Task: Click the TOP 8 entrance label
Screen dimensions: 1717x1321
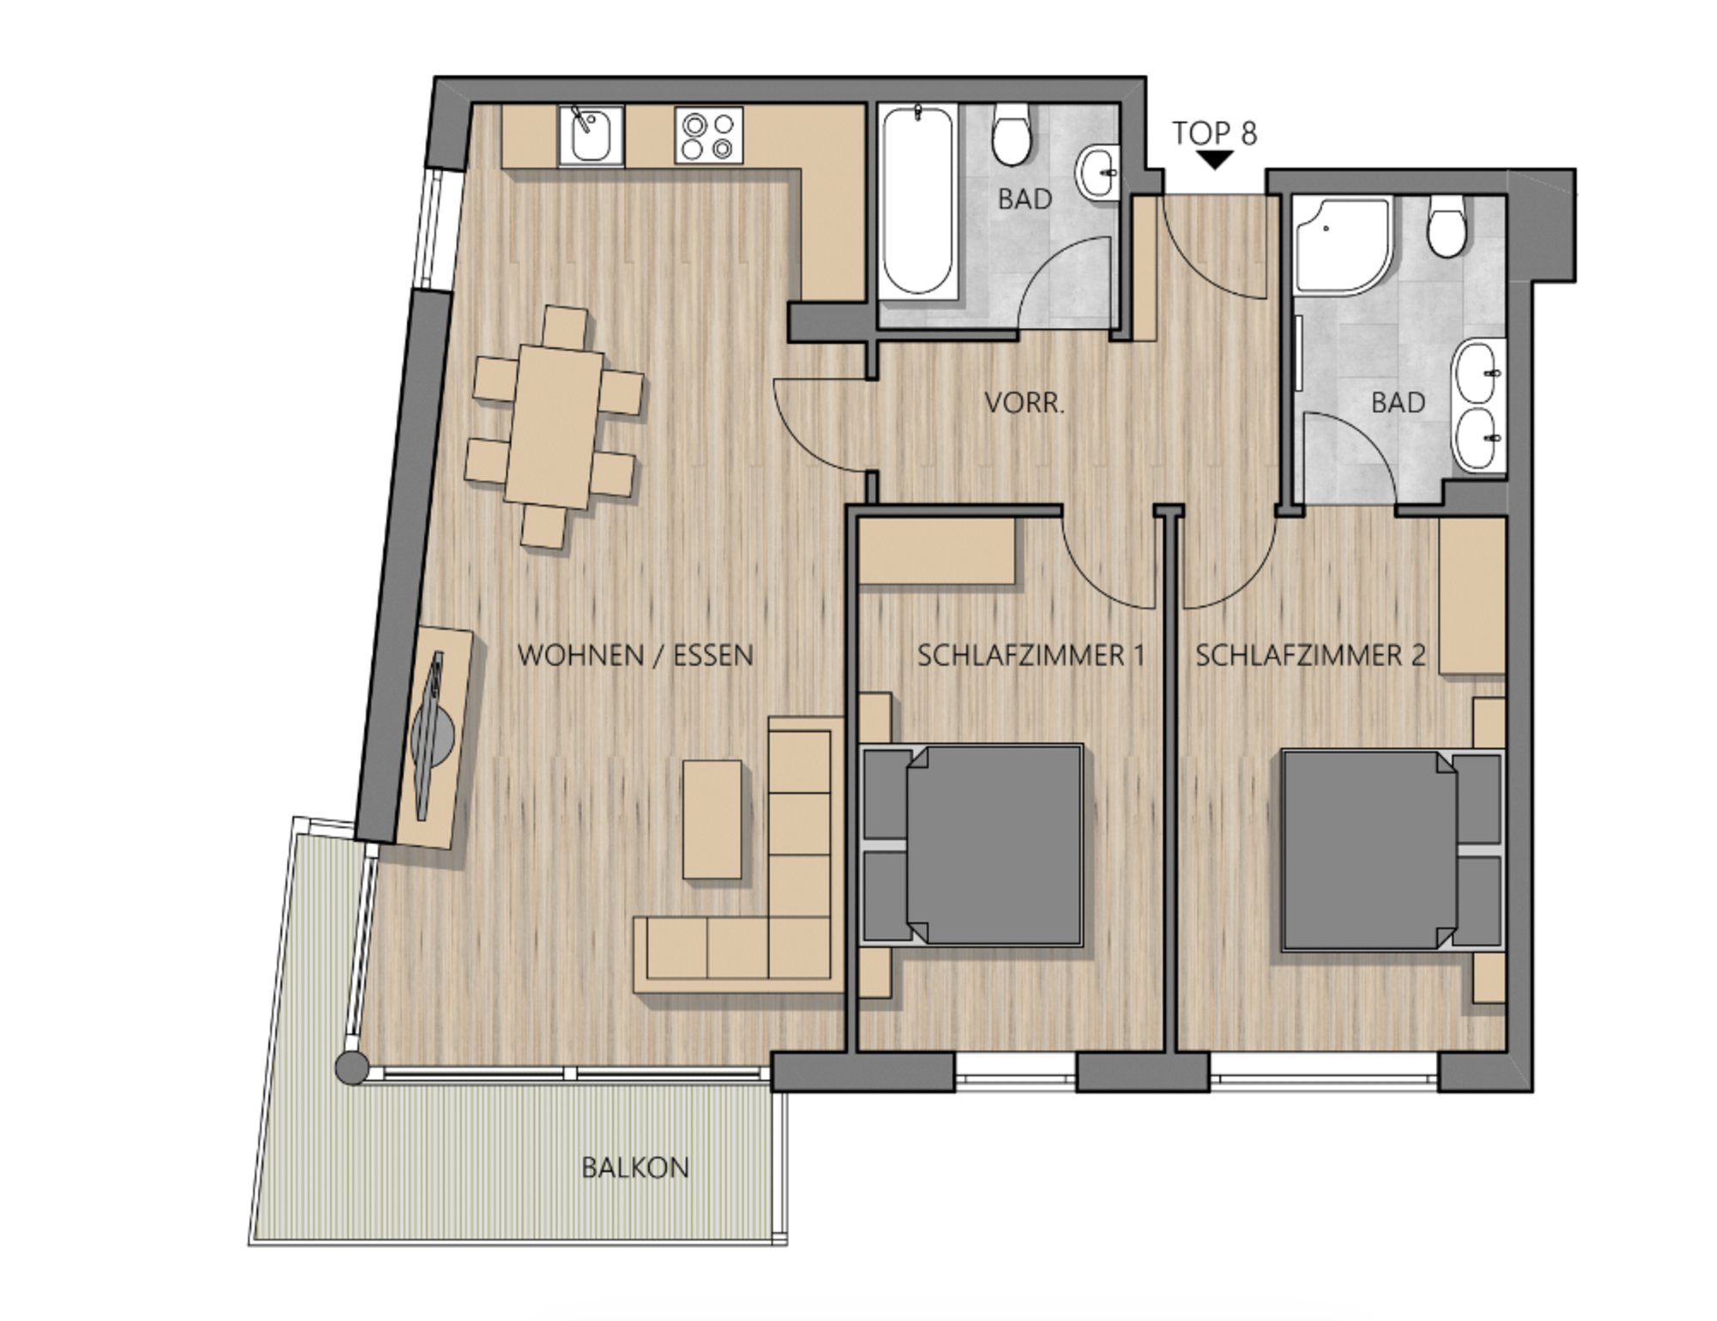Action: tap(1215, 133)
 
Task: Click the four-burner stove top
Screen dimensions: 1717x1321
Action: tap(708, 135)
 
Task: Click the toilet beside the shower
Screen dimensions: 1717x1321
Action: tap(1446, 226)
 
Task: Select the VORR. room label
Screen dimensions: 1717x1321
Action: tap(1024, 403)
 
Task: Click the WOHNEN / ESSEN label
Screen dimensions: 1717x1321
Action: tap(635, 655)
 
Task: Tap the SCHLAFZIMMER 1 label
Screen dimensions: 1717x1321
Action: tap(1031, 655)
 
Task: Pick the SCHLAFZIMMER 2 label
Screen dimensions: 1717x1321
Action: tap(1311, 655)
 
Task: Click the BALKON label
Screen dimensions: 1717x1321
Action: tap(635, 1167)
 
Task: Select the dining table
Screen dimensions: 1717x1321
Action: tap(554, 427)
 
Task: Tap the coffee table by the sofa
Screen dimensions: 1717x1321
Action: tap(713, 819)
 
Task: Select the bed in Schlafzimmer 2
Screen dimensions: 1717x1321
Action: tap(1392, 850)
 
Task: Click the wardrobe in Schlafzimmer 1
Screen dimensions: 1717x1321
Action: tap(937, 551)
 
